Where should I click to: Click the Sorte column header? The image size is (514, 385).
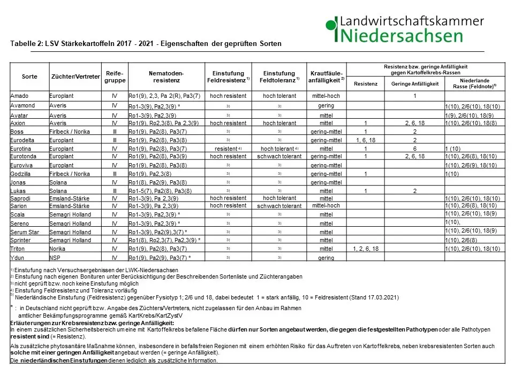tap(29, 76)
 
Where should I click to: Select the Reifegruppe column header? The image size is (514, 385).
tap(115, 76)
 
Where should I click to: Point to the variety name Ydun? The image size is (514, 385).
tap(19, 258)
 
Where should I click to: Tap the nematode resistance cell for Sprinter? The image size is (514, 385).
tap(164, 241)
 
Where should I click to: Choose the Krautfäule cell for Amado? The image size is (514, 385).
tap(326, 96)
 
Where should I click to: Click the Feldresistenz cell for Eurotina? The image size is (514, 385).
tap(228, 148)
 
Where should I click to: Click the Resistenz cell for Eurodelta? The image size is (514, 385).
tap(366, 140)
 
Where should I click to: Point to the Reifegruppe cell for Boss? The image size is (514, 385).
tap(115, 132)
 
